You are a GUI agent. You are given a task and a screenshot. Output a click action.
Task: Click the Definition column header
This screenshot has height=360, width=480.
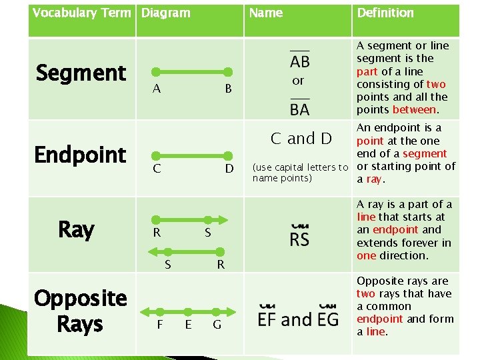coord(385,13)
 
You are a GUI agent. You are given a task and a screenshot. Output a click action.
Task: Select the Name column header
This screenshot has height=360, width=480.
coord(265,13)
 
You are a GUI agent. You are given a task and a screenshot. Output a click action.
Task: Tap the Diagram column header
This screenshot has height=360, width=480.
coord(166,13)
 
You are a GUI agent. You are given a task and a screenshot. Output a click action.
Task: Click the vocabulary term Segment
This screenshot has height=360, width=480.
coord(81,73)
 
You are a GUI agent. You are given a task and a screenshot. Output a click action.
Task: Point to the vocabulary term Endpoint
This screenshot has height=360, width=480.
coord(80,155)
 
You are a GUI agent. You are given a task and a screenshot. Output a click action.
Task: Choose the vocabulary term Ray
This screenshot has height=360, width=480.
coord(76,230)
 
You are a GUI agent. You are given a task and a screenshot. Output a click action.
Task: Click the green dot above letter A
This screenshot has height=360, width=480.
coord(156,72)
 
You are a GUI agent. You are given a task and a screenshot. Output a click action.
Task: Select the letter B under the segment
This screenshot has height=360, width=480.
coord(228,89)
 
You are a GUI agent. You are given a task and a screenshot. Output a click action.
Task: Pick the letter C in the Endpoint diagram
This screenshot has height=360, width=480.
coord(156,169)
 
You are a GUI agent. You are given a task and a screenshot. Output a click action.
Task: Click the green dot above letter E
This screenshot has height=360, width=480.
coord(189,311)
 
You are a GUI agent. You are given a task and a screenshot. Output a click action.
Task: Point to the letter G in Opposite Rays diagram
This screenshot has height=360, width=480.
coord(217,325)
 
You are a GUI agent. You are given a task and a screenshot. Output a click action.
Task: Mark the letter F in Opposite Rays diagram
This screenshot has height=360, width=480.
coord(159,325)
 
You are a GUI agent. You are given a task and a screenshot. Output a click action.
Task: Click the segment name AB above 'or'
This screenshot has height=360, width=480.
coord(299,61)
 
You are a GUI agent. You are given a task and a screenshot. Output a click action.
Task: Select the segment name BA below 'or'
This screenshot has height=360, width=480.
coord(299,108)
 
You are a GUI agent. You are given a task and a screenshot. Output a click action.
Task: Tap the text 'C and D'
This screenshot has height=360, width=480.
coord(301,139)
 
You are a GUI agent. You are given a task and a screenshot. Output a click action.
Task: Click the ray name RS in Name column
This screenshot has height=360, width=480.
coord(299,238)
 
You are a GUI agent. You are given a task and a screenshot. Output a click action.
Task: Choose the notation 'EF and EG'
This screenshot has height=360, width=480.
coord(298,319)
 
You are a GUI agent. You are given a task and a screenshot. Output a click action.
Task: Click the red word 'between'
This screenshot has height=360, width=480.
coord(414,110)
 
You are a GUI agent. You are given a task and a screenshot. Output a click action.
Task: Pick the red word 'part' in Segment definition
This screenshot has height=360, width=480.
coord(367,71)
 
